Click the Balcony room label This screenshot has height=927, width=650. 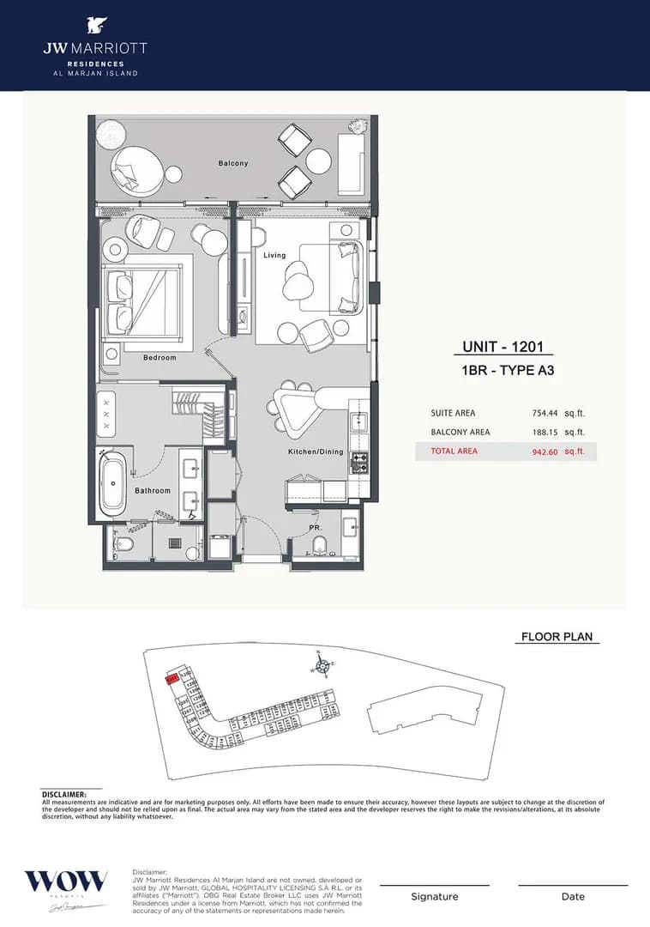tap(232, 163)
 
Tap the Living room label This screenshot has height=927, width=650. tap(274, 255)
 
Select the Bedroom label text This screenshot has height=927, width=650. tap(159, 357)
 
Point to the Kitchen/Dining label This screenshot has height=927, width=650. tap(316, 451)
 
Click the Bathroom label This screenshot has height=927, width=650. tap(153, 491)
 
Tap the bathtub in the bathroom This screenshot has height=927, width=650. tap(112, 484)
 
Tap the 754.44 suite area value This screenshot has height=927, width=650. tap(546, 413)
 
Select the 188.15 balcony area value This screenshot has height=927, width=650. tap(546, 432)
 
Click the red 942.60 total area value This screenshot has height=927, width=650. tap(546, 451)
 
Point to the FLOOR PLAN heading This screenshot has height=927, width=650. tap(557, 637)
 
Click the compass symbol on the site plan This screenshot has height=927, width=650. tap(319, 663)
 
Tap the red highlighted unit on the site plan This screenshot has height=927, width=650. tap(172, 679)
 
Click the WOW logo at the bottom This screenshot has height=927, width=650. tap(66, 882)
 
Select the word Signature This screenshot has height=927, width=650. tap(435, 897)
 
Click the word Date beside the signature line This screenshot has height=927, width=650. tap(573, 897)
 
